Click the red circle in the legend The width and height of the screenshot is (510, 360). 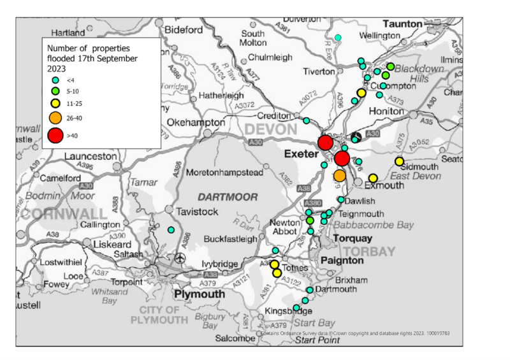tap(56, 135)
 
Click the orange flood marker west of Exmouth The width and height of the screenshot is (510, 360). tap(340, 175)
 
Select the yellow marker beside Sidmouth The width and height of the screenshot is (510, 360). tap(399, 161)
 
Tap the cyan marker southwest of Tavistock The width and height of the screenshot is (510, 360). tap(171, 230)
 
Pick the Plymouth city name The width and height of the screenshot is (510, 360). tap(199, 294)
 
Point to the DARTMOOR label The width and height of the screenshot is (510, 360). tap(220, 198)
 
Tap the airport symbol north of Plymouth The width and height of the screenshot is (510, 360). tap(180, 257)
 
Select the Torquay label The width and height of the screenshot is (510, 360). tap(353, 238)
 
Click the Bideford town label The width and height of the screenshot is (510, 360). tap(184, 29)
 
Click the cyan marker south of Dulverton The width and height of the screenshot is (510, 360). tap(338, 38)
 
